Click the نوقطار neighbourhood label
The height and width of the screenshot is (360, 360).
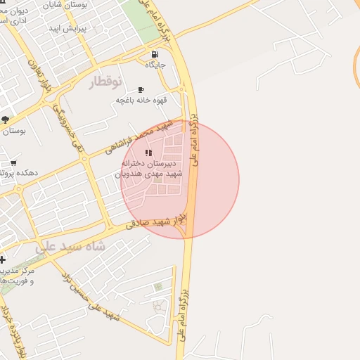pyautogui.click(x=106, y=82)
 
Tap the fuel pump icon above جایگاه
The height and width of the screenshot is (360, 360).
pyautogui.click(x=155, y=54)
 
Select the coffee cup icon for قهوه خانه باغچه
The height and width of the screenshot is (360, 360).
pyautogui.click(x=141, y=90)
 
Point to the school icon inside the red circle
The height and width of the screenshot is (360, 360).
pyautogui.click(x=148, y=153)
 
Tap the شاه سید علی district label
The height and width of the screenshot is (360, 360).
pyautogui.click(x=70, y=247)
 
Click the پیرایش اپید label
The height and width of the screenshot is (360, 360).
pyautogui.click(x=67, y=29)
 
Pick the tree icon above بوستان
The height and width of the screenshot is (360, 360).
pyautogui.click(x=5, y=120)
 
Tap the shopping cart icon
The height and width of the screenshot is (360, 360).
pyautogui.click(x=13, y=162)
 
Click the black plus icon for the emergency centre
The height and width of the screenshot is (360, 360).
pyautogui.click(x=3, y=259)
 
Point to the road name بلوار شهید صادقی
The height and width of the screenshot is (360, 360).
pyautogui.click(x=158, y=222)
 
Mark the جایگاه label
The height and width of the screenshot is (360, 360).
pyautogui.click(x=155, y=65)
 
